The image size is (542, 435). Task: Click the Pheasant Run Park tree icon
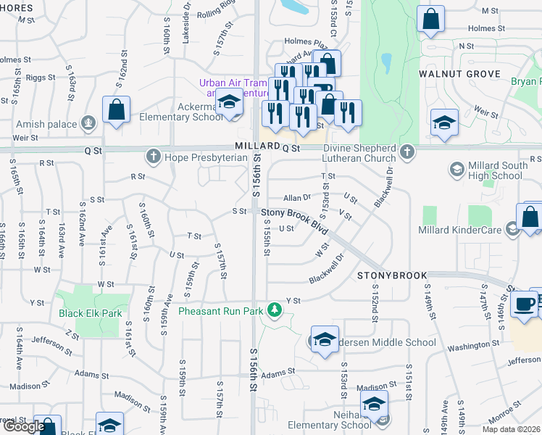(274, 310)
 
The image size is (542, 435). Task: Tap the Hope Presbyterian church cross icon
(153, 155)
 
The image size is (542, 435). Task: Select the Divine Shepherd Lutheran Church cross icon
(408, 152)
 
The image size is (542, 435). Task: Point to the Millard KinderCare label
(460, 230)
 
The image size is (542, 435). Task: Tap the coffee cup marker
(524, 304)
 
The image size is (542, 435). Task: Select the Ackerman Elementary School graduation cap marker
(229, 102)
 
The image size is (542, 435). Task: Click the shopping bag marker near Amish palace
(116, 109)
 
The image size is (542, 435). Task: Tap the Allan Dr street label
(296, 197)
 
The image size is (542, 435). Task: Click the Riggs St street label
(40, 77)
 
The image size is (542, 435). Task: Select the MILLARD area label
(257, 146)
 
